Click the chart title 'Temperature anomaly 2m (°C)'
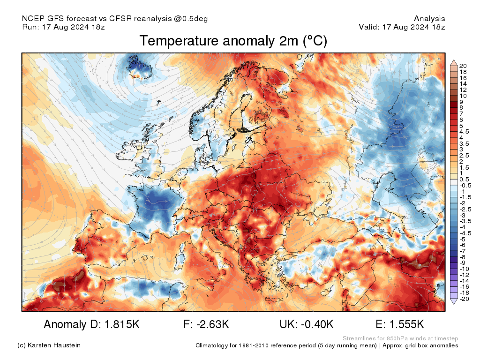233,41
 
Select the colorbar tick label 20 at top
463,66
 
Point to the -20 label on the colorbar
464,299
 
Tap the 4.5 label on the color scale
464,132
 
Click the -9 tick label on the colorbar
463,263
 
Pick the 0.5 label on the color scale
464,180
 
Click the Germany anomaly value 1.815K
118,324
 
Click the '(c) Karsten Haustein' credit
49,345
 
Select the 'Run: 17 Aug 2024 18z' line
63,27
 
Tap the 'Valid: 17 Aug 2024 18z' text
402,27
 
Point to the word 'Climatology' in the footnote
213,345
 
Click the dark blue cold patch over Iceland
140,67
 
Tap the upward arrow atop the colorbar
454,62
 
